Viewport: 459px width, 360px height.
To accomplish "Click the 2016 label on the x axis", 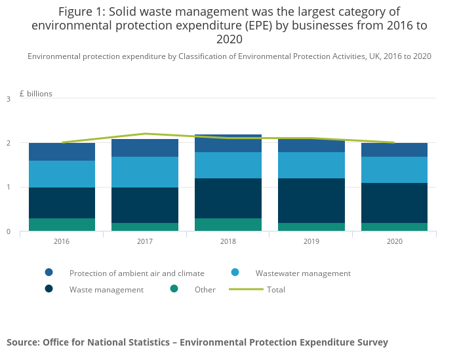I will tap(62, 242).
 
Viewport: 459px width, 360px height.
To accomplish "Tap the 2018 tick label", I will tap(228, 242).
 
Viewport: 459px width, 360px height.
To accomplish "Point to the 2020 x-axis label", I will tap(394, 242).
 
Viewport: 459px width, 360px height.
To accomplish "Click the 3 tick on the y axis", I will tap(9, 99).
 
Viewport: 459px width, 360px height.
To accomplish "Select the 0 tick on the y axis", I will tap(9, 231).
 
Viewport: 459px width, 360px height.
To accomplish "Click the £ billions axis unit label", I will tap(36, 94).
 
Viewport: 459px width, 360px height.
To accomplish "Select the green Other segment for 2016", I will tap(62, 225).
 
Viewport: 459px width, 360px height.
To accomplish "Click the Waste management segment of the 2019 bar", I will tap(311, 201).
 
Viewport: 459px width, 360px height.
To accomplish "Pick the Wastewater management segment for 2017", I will tap(145, 172).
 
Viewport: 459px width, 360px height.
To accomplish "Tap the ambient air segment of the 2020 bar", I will tap(394, 150).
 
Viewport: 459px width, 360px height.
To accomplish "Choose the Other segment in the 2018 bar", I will tap(228, 225).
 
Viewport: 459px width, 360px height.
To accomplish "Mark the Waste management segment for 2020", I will tap(394, 203).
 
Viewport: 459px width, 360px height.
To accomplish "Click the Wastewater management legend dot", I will tap(235, 273).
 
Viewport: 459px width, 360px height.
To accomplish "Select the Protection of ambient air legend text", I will tap(136, 273).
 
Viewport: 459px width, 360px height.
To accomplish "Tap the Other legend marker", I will tap(174, 289).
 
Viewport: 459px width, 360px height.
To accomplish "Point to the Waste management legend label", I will tap(106, 290).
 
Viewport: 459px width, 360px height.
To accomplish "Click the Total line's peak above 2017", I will tap(145, 134).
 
